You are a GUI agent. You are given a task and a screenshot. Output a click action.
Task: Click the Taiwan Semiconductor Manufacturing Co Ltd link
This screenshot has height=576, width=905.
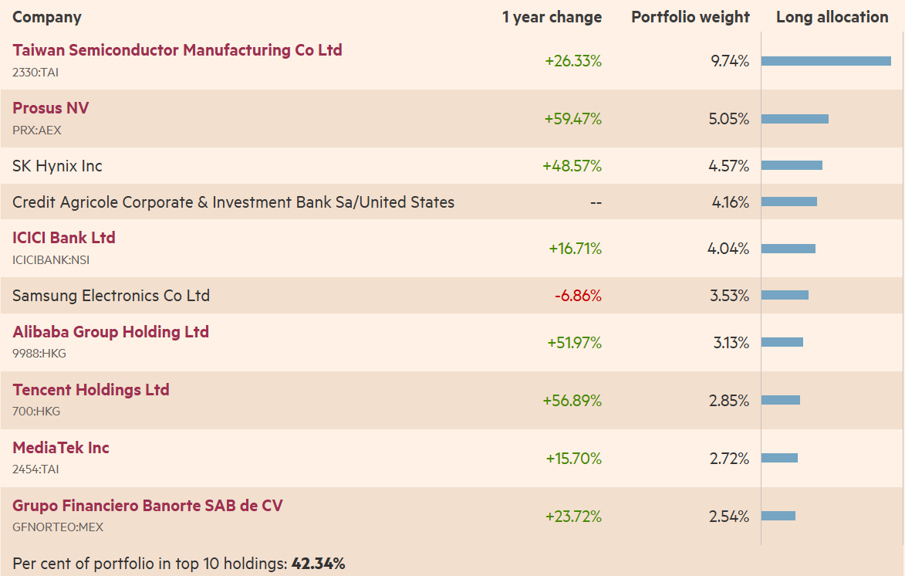(x=177, y=50)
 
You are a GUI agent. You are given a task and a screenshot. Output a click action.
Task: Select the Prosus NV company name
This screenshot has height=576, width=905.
(x=51, y=108)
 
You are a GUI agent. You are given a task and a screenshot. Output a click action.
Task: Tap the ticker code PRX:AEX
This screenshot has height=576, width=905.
(x=37, y=130)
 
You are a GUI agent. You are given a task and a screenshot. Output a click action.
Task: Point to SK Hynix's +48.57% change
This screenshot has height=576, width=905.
(x=572, y=166)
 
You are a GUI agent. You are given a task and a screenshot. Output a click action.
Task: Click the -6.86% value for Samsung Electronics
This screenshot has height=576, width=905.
(x=578, y=296)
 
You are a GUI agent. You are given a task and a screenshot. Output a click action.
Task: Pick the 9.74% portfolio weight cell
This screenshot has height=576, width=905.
(x=729, y=62)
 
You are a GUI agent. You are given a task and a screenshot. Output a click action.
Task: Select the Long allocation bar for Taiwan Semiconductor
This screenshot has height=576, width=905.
(x=826, y=61)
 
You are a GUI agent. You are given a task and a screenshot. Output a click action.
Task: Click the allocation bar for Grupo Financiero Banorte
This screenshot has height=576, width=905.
(x=778, y=516)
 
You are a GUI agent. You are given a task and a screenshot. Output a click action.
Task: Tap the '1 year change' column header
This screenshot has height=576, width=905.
(x=552, y=17)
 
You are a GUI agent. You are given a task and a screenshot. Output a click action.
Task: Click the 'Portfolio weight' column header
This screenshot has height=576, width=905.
(x=690, y=17)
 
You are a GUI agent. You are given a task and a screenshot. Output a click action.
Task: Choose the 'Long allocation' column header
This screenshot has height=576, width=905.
(x=832, y=17)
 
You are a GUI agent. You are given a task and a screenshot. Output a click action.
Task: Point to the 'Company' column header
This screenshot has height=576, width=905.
(x=47, y=17)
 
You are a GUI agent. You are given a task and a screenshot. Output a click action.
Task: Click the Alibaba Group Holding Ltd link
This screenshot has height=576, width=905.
(x=110, y=332)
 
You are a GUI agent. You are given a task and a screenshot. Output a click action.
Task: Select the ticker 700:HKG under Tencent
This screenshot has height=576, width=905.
(x=36, y=412)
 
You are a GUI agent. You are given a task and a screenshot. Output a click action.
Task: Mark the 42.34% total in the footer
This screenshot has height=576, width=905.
(x=318, y=564)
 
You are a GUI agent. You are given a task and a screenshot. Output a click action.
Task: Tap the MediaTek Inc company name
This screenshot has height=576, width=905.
(x=61, y=448)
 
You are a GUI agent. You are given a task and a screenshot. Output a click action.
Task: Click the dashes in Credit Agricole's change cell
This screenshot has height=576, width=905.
(x=596, y=203)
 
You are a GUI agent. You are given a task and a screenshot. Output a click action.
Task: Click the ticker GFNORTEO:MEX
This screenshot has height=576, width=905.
(x=58, y=527)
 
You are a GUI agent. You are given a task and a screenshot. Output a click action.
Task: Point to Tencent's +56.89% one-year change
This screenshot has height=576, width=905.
(x=572, y=401)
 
